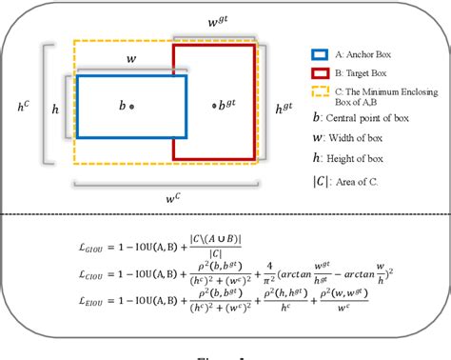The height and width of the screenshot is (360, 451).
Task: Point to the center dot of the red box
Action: tap(214, 108)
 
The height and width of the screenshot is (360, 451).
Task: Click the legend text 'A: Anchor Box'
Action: tap(366, 55)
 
